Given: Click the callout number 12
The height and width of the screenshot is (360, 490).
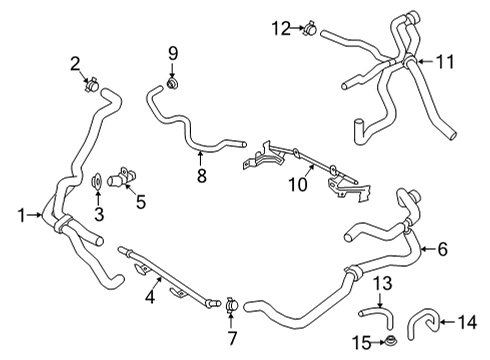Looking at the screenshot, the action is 282,28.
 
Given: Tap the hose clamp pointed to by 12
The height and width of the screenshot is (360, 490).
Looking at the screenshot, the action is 310,29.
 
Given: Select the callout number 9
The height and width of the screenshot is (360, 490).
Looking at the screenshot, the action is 173,53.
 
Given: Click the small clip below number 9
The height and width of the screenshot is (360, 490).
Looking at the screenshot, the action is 172,83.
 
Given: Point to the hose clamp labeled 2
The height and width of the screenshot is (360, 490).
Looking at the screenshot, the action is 91,85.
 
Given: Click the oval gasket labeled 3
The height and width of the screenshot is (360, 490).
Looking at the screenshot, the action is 97,182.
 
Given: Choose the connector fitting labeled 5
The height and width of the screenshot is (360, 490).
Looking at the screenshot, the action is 121,178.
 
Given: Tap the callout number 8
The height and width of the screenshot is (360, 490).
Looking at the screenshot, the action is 202,176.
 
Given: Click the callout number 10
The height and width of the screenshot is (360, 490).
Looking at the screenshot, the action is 298,184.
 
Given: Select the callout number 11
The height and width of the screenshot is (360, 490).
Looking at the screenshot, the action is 445,62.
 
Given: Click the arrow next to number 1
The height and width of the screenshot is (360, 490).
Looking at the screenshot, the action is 35,215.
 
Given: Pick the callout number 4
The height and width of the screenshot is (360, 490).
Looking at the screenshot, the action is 150,296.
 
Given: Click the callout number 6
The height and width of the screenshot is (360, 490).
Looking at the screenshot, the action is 442,249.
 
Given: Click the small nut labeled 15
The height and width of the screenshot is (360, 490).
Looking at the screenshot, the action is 389,341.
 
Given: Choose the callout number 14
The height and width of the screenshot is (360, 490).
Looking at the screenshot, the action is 467,322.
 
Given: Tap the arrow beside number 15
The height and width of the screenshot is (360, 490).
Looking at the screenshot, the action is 378,342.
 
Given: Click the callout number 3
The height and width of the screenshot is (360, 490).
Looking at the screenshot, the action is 99,214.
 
